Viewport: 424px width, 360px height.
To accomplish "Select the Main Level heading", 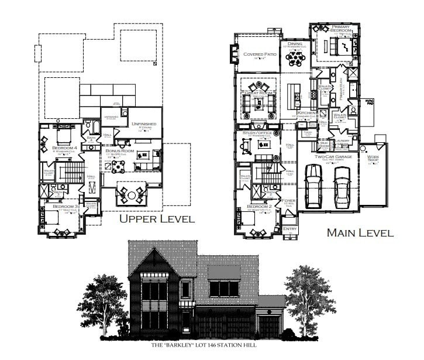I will (360, 232).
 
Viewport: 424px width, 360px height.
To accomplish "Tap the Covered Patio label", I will (258, 54).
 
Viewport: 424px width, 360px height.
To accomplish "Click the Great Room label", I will (259, 93).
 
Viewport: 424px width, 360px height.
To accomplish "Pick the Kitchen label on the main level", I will (306, 112).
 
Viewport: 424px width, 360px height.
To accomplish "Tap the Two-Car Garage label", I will (327, 157).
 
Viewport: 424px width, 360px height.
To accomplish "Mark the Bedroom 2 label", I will (258, 207).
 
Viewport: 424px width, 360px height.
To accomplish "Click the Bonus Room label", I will (120, 151).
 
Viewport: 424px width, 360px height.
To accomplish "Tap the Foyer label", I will (288, 201).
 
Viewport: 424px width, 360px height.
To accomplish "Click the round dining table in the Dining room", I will (294, 57).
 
